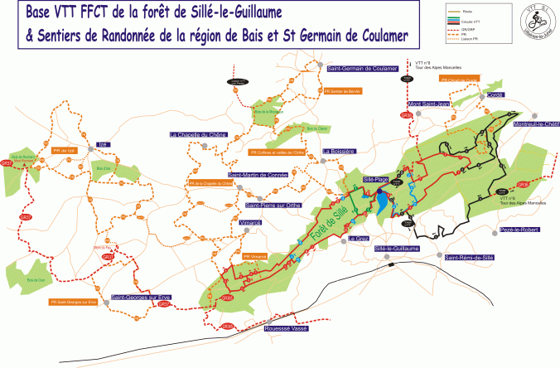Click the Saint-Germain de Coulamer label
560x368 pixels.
363,69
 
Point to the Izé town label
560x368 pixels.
104,143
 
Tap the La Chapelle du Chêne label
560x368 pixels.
198,134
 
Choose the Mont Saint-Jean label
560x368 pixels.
429,104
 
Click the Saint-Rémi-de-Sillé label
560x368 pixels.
470,258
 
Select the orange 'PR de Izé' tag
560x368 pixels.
65,150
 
